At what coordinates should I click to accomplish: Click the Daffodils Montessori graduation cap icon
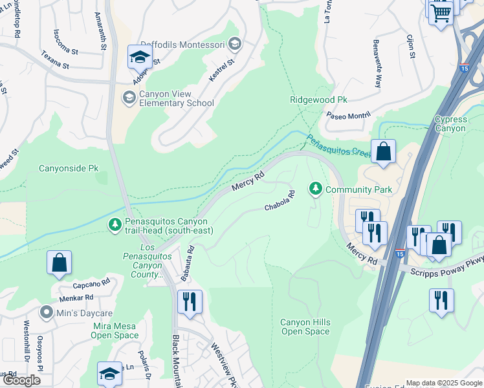coord(235,44)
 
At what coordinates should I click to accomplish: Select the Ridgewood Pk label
coord(318,100)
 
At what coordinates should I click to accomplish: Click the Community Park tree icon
coord(316,189)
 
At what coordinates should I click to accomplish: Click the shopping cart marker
coord(441,13)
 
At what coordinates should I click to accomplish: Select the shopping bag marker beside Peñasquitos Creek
coord(383,153)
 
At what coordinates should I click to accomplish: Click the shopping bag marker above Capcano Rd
coord(59,263)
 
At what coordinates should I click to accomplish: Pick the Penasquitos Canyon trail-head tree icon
coord(115,224)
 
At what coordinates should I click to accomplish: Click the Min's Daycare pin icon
coord(46,313)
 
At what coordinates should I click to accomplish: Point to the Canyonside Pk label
coord(68,168)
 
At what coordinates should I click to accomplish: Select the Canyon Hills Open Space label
coord(305,327)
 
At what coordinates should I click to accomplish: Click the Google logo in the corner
coord(21,380)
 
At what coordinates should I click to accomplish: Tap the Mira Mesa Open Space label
coord(115,330)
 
